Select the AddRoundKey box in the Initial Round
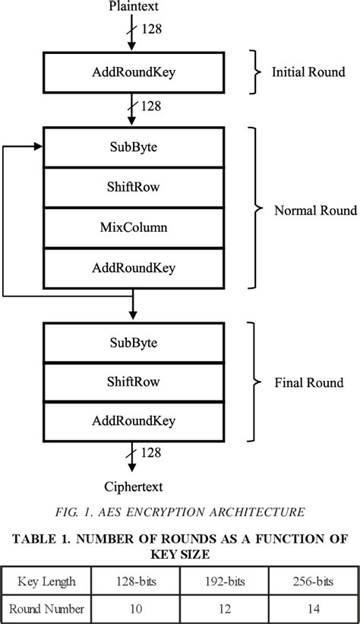pos(134,74)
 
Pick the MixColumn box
pos(134,226)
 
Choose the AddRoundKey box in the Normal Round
pos(134,268)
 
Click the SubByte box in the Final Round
pos(134,343)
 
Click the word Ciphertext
pos(133,486)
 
